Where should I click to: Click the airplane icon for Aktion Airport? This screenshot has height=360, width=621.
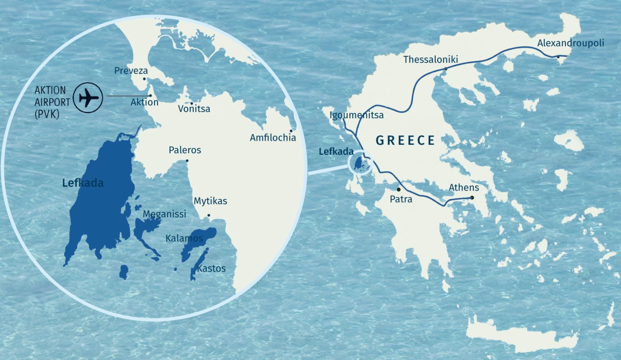pyautogui.click(x=88, y=97)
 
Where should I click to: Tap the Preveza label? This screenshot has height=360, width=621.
pyautogui.click(x=131, y=71)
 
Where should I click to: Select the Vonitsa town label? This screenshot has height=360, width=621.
pyautogui.click(x=194, y=109)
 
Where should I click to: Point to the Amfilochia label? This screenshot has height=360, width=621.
pyautogui.click(x=273, y=138)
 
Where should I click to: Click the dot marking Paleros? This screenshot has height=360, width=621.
pyautogui.click(x=187, y=161)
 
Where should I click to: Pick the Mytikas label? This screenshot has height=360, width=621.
pyautogui.click(x=210, y=201)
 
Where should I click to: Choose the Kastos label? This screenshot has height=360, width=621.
pyautogui.click(x=211, y=269)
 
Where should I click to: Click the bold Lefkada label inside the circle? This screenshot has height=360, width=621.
pyautogui.click(x=83, y=183)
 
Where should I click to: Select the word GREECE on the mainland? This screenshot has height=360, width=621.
pyautogui.click(x=405, y=141)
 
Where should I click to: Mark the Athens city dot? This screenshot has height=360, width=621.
pyautogui.click(x=472, y=198)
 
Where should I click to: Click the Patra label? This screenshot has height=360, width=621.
pyautogui.click(x=401, y=200)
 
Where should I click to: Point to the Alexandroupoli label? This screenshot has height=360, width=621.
pyautogui.click(x=571, y=43)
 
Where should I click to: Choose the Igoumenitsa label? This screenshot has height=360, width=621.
pyautogui.click(x=357, y=115)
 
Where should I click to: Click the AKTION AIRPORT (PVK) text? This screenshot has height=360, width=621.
pyautogui.click(x=52, y=102)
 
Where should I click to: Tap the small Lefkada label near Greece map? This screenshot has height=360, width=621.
pyautogui.click(x=336, y=152)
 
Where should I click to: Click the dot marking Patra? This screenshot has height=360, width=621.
pyautogui.click(x=398, y=189)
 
